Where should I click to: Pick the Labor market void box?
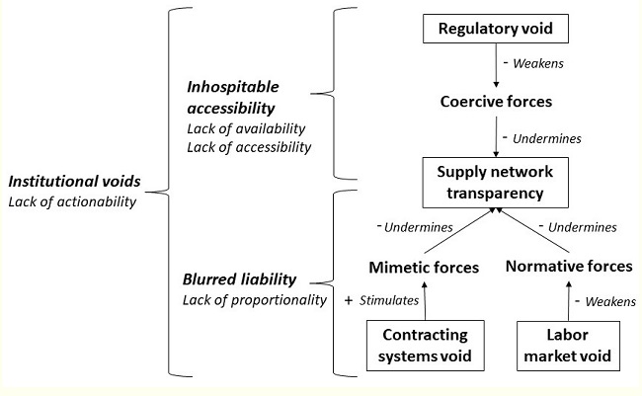coord(570,345)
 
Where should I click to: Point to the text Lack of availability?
coord(244,129)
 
